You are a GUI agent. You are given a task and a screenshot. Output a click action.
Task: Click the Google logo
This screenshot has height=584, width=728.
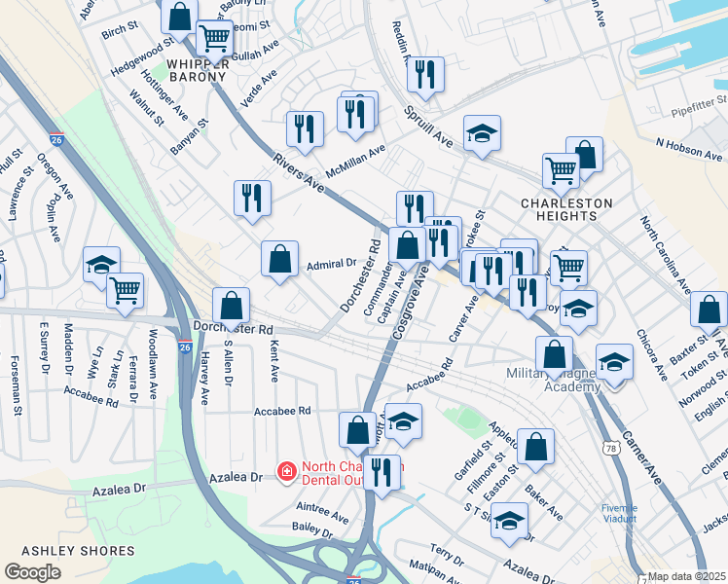[x=32, y=572]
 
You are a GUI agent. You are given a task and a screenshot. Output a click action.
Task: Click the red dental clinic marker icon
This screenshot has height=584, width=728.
[x=286, y=472]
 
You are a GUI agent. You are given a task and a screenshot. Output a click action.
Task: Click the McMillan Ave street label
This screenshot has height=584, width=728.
[x=356, y=157]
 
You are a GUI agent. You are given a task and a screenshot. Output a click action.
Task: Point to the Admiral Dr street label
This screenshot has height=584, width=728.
[x=332, y=263]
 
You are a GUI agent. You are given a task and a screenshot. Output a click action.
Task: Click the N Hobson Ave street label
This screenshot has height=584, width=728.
[x=689, y=149]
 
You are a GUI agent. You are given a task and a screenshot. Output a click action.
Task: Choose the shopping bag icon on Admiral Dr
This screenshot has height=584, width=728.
[x=279, y=259]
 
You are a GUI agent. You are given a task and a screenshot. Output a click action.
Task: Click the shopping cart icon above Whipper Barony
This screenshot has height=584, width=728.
[x=213, y=38]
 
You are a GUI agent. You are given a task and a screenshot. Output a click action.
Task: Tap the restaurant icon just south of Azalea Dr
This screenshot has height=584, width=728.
[x=383, y=473]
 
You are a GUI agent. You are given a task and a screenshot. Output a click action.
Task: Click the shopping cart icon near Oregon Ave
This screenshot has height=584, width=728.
[x=125, y=290]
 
